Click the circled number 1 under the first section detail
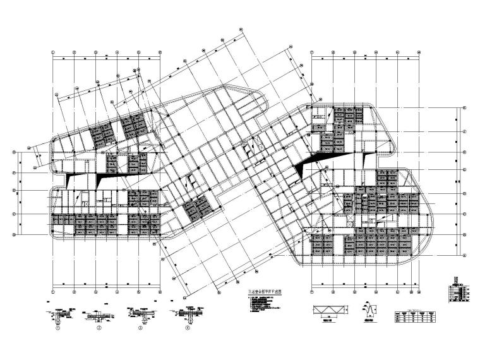pos(58,329)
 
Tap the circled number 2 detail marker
pos(99,329)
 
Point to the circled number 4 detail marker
pos(188,329)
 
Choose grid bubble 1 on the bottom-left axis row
pos(54,292)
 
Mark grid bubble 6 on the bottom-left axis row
pos(159,292)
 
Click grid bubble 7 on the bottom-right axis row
pos(312,292)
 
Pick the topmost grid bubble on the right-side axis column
pos(465,109)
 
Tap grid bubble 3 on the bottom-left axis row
pos(96,292)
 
